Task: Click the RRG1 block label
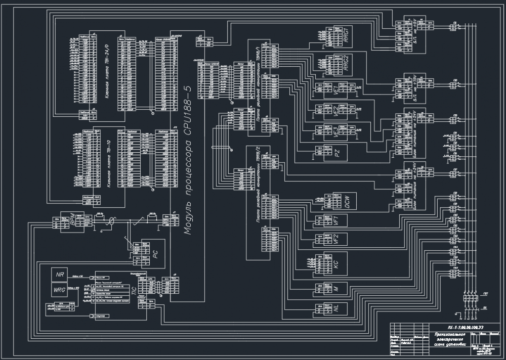(x=347, y=37)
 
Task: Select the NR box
(x=59, y=276)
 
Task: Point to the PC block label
(x=155, y=254)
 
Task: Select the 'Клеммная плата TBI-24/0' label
(x=107, y=71)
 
